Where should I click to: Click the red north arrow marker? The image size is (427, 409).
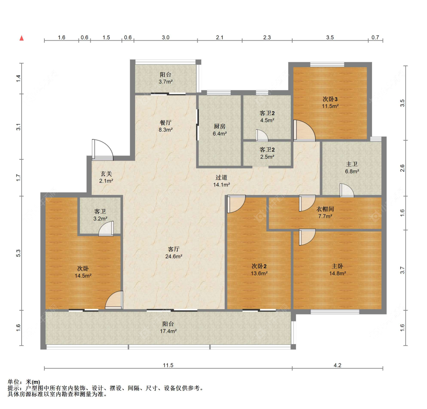click(22, 38)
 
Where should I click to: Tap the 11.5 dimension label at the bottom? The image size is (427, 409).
click(168, 365)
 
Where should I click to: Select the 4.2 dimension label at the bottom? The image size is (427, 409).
click(337, 365)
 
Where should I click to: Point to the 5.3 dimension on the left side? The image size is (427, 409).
click(18, 253)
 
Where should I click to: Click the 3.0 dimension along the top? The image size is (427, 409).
click(165, 37)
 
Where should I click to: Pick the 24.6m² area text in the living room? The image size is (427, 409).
click(174, 256)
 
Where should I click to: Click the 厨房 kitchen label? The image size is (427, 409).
click(219, 126)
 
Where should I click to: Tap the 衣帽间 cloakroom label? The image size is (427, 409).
click(325, 209)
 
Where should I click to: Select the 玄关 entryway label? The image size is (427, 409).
click(106, 174)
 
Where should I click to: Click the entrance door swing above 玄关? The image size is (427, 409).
click(102, 149)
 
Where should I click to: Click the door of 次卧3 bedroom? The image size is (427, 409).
click(304, 131)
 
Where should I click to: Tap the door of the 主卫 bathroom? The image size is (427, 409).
click(347, 190)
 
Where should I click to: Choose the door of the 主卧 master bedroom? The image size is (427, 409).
click(307, 237)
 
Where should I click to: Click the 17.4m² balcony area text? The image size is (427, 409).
click(168, 331)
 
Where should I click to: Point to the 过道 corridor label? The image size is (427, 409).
click(221, 178)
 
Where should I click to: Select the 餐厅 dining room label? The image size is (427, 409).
click(165, 123)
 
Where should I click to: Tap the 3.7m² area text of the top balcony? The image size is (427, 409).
click(165, 82)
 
